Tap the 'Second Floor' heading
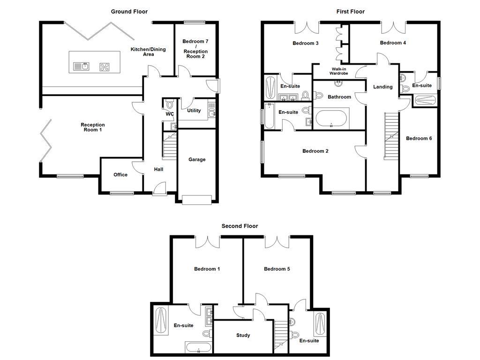(240, 226)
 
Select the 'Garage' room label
(197, 159)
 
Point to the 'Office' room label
(120, 175)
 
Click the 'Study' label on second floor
(243, 335)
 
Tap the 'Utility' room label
(194, 111)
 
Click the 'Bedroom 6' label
(419, 138)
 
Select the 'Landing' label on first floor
(382, 87)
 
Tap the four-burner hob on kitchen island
(104, 67)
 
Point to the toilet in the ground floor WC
(169, 103)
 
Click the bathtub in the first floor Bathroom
(331, 118)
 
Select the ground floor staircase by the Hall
(169, 146)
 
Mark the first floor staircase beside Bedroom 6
(391, 136)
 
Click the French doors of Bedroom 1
(207, 241)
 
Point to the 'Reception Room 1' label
(92, 127)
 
